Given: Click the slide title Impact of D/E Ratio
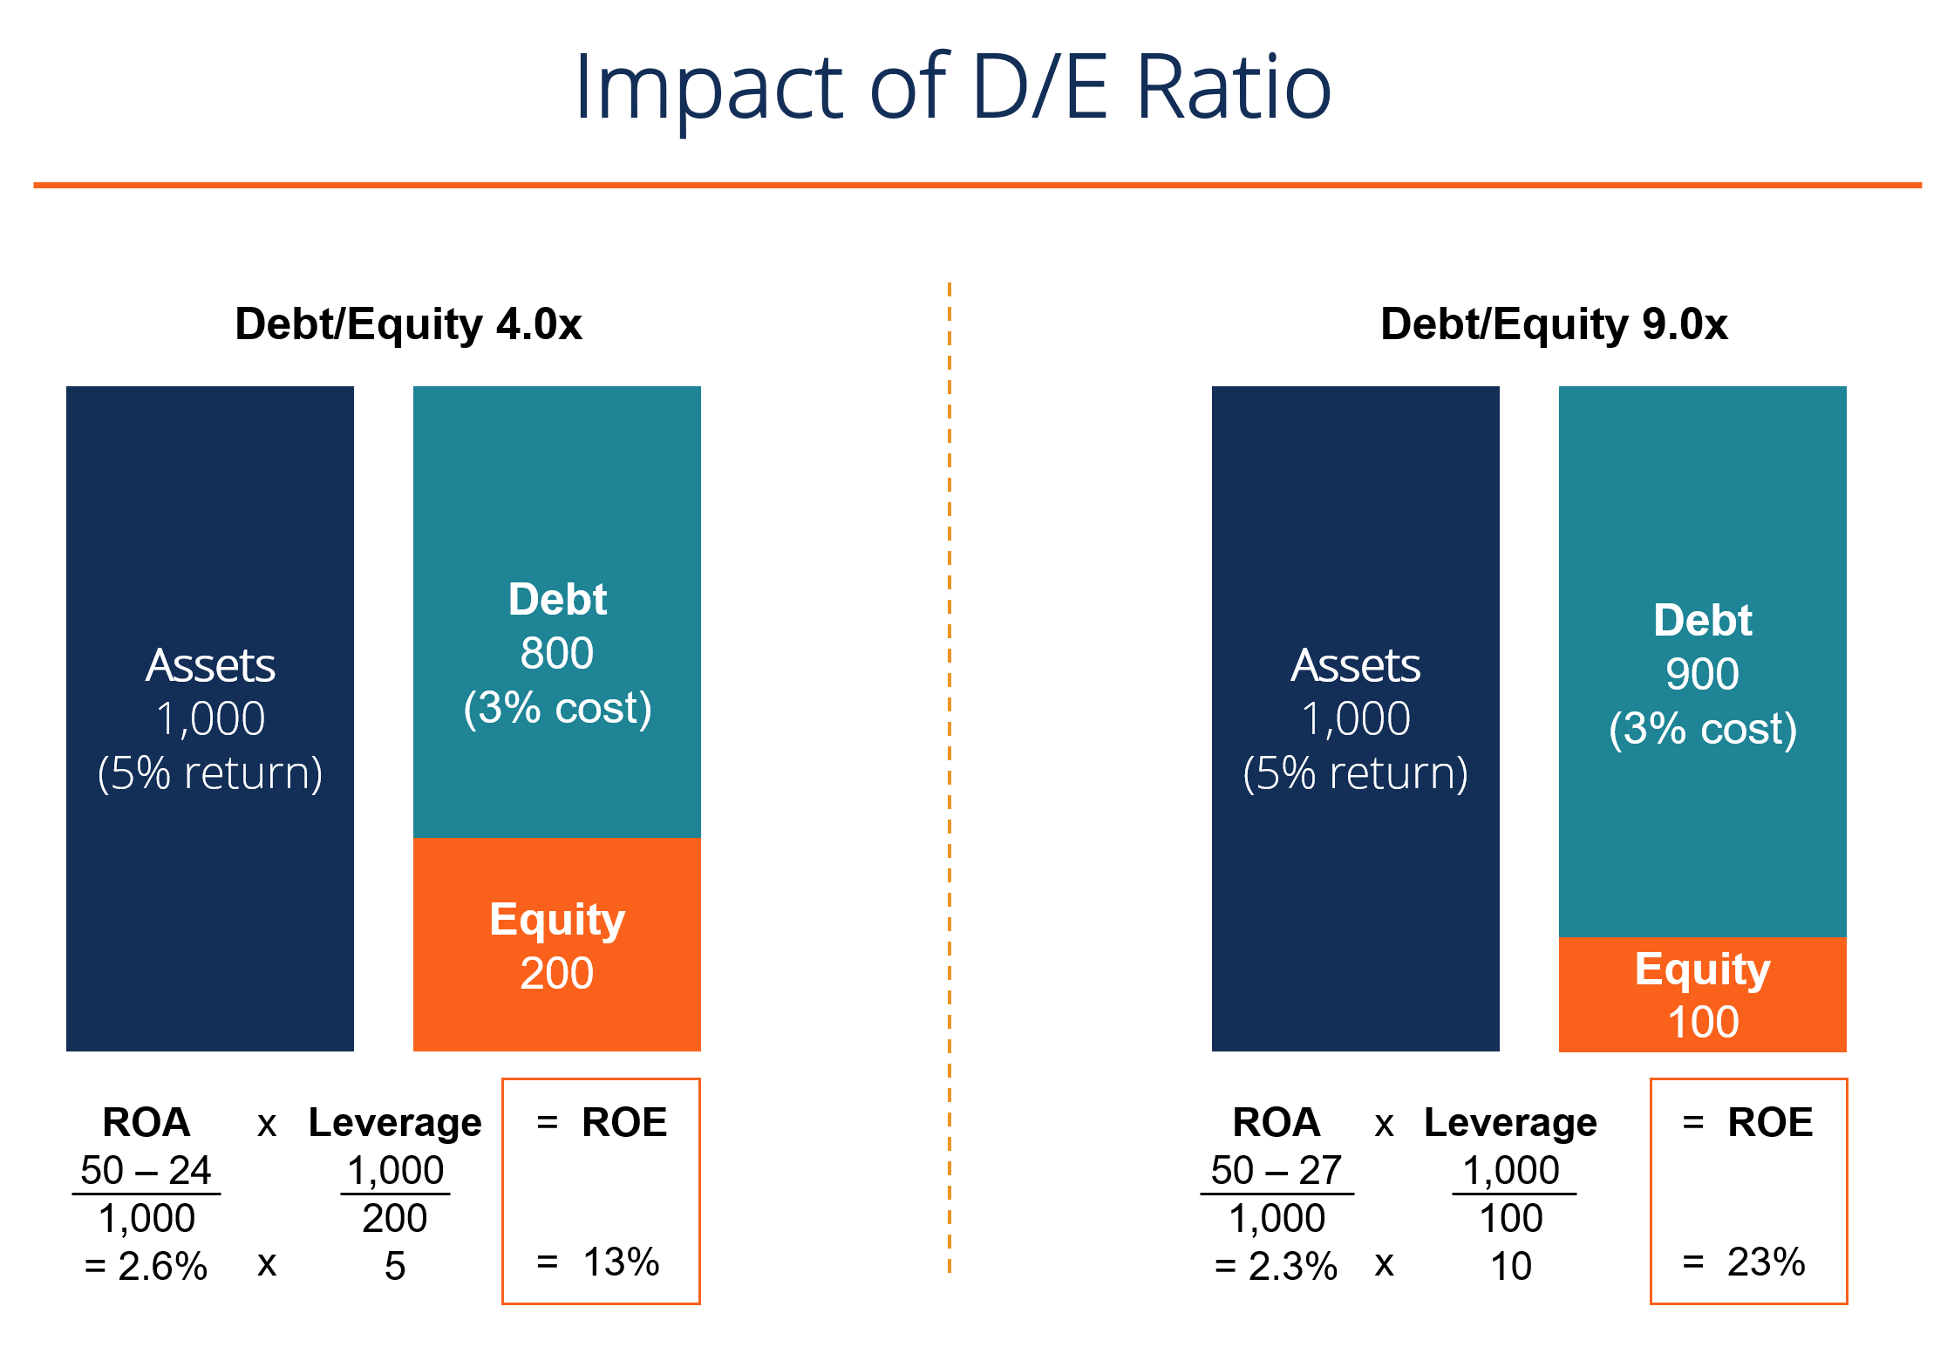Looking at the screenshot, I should coord(952,87).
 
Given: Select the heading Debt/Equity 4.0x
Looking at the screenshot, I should coord(408,324).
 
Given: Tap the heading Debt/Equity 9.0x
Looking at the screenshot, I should coord(1553,324).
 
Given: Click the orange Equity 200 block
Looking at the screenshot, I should coord(556,945).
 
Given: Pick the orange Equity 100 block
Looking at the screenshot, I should coord(1702,995).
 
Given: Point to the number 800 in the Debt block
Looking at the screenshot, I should coord(556,653).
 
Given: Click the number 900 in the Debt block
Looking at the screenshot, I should coord(1702,674).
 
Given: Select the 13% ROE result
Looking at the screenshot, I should coord(620,1262).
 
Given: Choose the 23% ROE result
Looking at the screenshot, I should coord(1766,1262).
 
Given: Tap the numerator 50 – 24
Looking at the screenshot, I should coord(146,1170).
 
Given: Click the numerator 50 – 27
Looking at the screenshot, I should coord(1276,1170).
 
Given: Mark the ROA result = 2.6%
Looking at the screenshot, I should coord(146,1266).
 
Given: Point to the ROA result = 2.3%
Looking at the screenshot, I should coord(1276,1266).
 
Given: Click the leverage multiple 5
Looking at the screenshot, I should coord(395,1266).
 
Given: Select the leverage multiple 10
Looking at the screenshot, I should coord(1511,1266).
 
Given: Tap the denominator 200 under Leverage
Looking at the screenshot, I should coord(395,1218).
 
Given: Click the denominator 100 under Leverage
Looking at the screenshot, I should coord(1511,1218).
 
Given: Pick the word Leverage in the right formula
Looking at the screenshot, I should coord(1510,1123).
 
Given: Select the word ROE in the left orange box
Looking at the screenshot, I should coord(624,1122).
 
